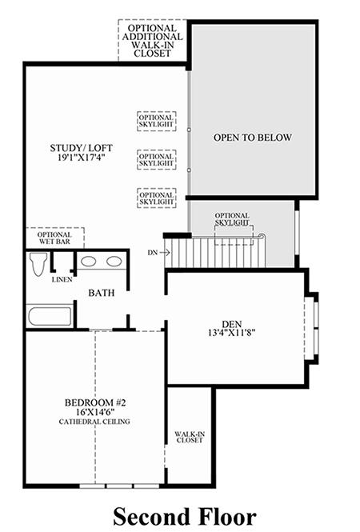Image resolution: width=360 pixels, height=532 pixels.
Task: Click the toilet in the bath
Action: click(x=38, y=264)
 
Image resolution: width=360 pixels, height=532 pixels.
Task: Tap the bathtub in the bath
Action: click(x=50, y=316)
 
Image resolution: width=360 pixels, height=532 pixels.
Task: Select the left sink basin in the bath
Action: click(x=88, y=262)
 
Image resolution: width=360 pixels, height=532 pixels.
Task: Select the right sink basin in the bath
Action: click(x=114, y=262)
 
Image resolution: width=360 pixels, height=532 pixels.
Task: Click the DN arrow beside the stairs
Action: click(x=165, y=253)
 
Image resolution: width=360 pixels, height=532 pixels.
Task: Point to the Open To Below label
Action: click(x=253, y=138)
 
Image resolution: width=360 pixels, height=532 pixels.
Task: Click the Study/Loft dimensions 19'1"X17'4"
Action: click(x=81, y=158)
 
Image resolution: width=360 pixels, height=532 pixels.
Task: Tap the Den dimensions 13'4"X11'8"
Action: click(x=232, y=333)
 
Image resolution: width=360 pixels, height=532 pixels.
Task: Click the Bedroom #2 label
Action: click(x=95, y=402)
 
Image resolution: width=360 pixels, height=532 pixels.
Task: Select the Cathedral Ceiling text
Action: click(x=94, y=422)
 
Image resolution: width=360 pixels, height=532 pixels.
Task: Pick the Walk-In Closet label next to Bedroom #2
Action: click(x=190, y=437)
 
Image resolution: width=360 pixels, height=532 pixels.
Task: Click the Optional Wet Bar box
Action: click(x=55, y=238)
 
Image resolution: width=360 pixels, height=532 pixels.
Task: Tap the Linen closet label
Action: click(x=62, y=279)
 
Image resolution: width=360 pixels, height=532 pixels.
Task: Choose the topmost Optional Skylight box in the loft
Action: click(x=157, y=121)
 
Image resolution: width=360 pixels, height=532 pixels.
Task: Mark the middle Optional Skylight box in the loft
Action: click(x=157, y=160)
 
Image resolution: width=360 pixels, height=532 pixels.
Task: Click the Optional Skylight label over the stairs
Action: click(x=232, y=219)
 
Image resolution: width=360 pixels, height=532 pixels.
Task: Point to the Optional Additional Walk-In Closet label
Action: click(x=152, y=41)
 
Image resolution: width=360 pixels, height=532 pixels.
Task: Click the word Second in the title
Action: click(x=152, y=517)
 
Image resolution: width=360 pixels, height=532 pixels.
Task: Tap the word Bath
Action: click(x=101, y=293)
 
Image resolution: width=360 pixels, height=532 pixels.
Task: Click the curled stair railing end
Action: click(x=262, y=236)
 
